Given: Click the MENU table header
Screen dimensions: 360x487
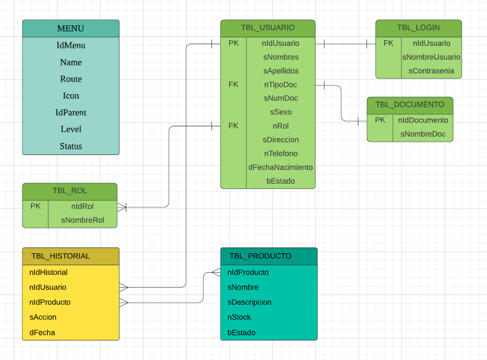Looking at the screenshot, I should click(71, 29).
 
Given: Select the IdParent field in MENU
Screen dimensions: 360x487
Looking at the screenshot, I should click(71, 113).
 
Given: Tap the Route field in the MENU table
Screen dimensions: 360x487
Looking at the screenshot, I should click(71, 79).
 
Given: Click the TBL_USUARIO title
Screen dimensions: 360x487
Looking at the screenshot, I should click(268, 28).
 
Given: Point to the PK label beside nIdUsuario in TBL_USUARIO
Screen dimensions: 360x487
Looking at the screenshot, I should click(233, 43).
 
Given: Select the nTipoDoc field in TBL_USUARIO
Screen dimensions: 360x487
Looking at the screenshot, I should click(280, 84).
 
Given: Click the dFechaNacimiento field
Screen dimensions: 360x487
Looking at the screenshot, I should click(280, 167).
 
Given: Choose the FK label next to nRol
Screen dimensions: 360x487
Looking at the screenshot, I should click(233, 126).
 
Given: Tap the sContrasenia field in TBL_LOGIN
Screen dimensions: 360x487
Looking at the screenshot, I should click(431, 71).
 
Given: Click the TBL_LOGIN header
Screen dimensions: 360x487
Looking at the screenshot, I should click(418, 28).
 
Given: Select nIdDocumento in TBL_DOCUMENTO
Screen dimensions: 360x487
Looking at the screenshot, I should click(423, 121).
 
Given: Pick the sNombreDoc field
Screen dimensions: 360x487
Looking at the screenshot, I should click(423, 134).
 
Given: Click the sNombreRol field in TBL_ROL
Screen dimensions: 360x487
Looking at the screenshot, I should click(82, 220).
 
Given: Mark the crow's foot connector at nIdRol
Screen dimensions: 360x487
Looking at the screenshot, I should click(122, 207).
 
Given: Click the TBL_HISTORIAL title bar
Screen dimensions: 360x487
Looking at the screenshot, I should click(71, 256).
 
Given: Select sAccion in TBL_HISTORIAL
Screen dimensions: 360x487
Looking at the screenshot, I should click(43, 317).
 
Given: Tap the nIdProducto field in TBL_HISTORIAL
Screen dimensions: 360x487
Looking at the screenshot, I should click(50, 302).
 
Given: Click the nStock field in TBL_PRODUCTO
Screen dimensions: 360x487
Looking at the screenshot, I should click(239, 317).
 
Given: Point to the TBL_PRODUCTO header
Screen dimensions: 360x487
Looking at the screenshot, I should click(268, 256).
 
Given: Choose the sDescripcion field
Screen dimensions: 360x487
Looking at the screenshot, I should click(249, 302).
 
